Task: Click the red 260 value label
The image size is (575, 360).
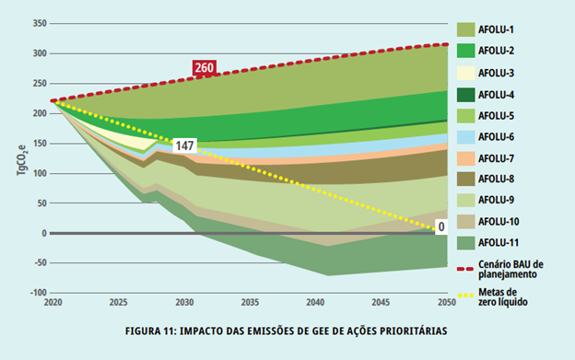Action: [x=204, y=67]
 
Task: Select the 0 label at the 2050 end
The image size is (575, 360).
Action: [x=441, y=226]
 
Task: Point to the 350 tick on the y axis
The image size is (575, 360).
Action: [x=37, y=23]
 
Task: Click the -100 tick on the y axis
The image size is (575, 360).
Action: [x=35, y=293]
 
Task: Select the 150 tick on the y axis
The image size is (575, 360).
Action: [x=37, y=143]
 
